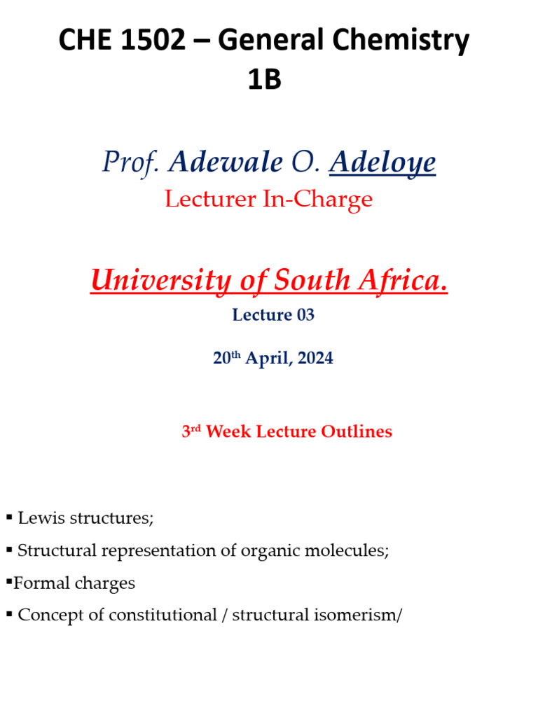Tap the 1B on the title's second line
pos(264,80)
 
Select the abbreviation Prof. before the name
pos(131,162)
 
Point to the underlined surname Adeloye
pos(382,162)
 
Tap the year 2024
pos(315,358)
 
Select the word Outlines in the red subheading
pos(356,431)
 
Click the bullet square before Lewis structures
pos(9,517)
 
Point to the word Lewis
pos(39,519)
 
